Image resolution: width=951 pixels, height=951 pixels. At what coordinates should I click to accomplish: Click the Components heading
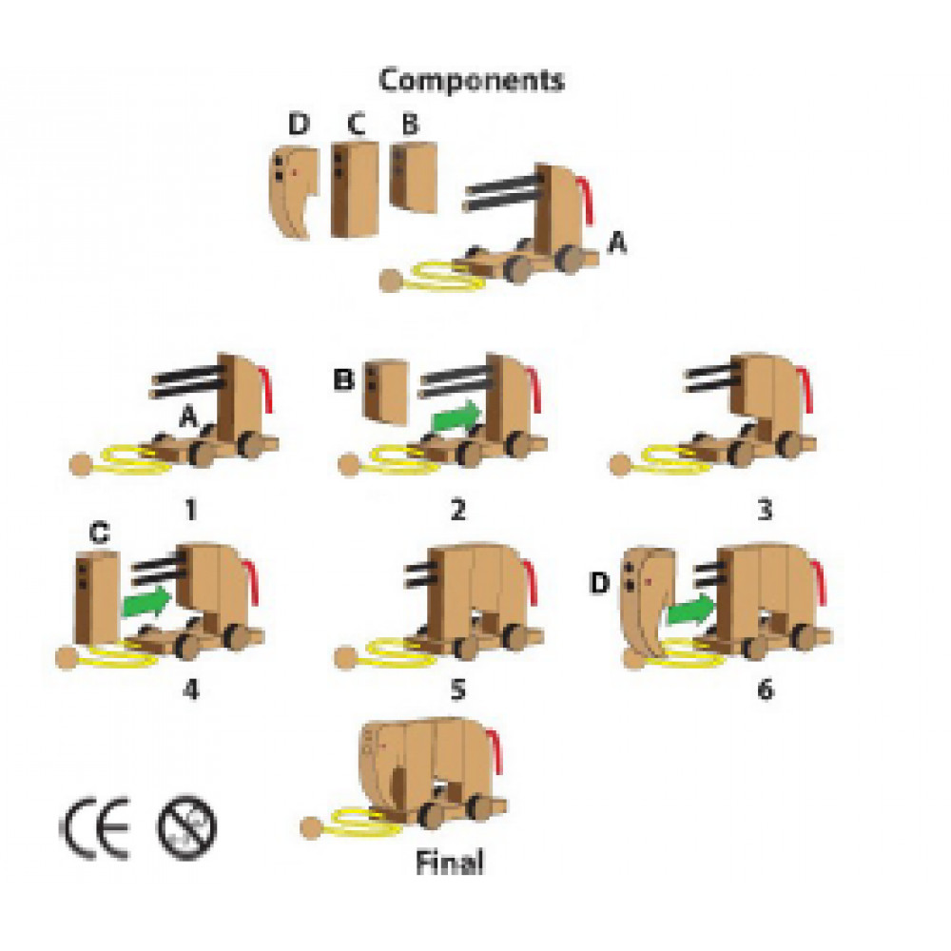[x=471, y=81]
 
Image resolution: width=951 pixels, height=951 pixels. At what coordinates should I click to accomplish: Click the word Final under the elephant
[x=450, y=863]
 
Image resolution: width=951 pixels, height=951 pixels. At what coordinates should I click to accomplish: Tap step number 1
[x=190, y=511]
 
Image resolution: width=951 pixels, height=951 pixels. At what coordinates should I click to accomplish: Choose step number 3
[x=763, y=511]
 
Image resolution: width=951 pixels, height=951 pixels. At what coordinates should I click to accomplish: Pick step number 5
[x=458, y=689]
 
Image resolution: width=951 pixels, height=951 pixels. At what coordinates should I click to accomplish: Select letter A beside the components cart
[x=617, y=245]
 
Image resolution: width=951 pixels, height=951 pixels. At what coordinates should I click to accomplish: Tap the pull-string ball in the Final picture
[x=313, y=828]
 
